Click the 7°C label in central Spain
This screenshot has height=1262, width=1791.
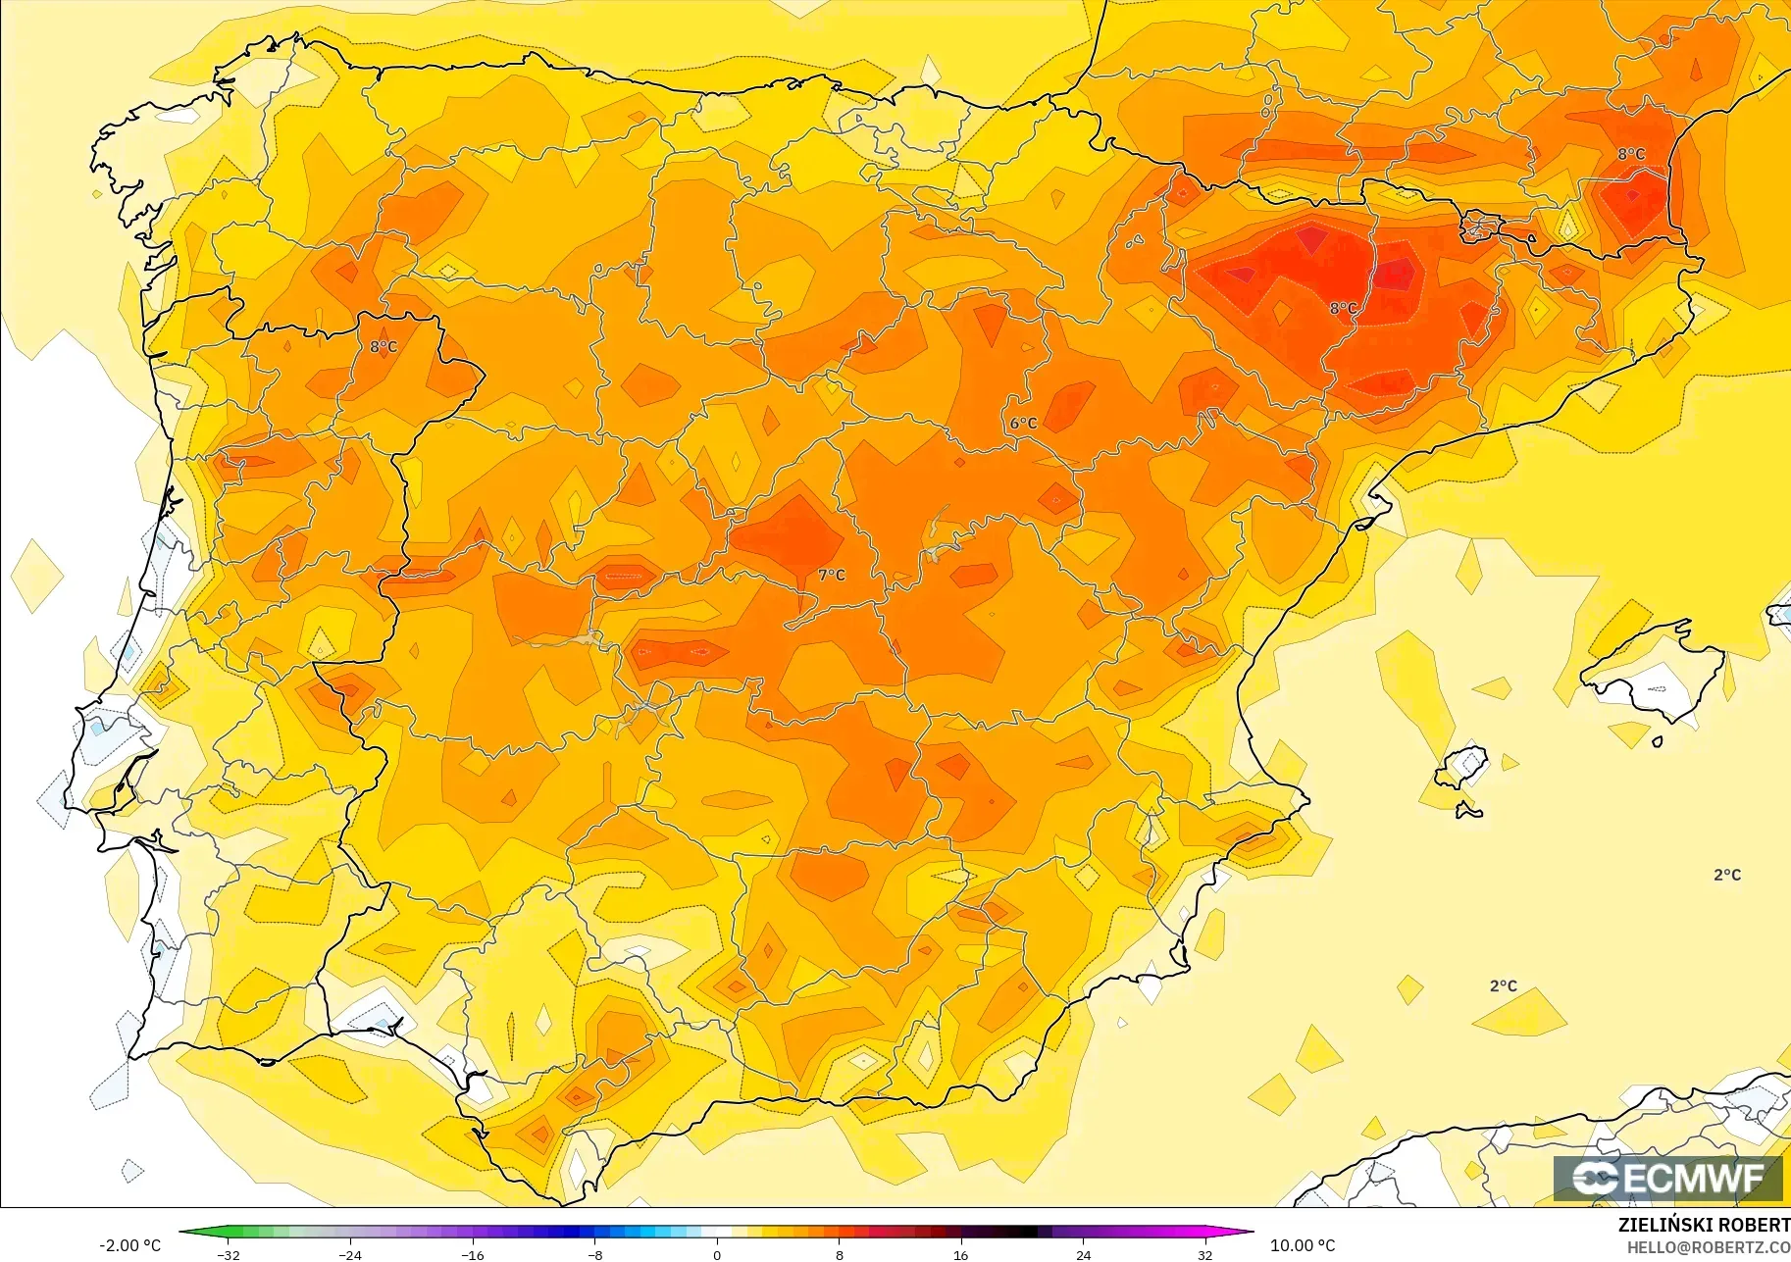pos(831,575)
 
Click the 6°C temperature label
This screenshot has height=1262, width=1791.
pos(1023,424)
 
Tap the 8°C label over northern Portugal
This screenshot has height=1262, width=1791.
pos(384,347)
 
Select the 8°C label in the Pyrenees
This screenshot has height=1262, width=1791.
pos(1343,309)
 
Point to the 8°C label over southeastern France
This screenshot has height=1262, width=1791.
pos(1631,154)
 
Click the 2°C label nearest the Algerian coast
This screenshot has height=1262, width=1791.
pos(1503,985)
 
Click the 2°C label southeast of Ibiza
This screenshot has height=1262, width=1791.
pos(1727,875)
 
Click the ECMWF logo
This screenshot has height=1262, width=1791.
pos(1667,1178)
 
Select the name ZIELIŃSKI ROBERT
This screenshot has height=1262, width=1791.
pos(1704,1225)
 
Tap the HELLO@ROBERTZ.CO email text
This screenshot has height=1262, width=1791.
pos(1708,1247)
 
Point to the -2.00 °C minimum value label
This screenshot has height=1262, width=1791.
pos(129,1245)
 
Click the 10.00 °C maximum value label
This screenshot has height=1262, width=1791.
pos(1303,1245)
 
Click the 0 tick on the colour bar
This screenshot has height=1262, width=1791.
pos(717,1254)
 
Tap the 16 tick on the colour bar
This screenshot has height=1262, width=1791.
pos(960,1254)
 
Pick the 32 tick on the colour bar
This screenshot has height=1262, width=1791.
pos(1204,1254)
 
